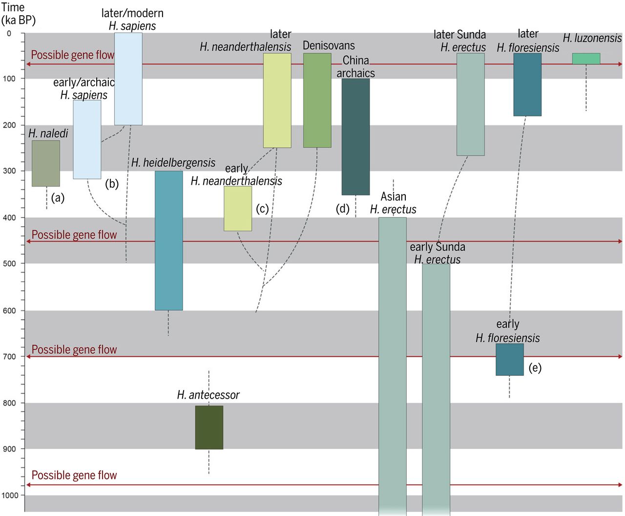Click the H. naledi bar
point(46,163)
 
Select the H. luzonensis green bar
point(586,59)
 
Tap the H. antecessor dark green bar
point(209,427)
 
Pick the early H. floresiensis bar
point(509,359)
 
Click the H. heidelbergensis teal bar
point(168,240)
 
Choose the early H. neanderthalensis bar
point(238,208)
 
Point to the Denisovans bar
point(317,100)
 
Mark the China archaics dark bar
point(355,136)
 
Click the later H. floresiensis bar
point(527,85)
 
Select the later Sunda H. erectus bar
point(470,104)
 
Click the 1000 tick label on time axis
point(10,495)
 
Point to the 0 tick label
point(9,34)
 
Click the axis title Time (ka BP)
point(18,14)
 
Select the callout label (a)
point(58,198)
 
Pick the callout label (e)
point(535,367)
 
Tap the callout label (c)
point(262,209)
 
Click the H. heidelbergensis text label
point(173,163)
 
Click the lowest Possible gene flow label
point(74,475)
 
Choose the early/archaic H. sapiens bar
point(87,139)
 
